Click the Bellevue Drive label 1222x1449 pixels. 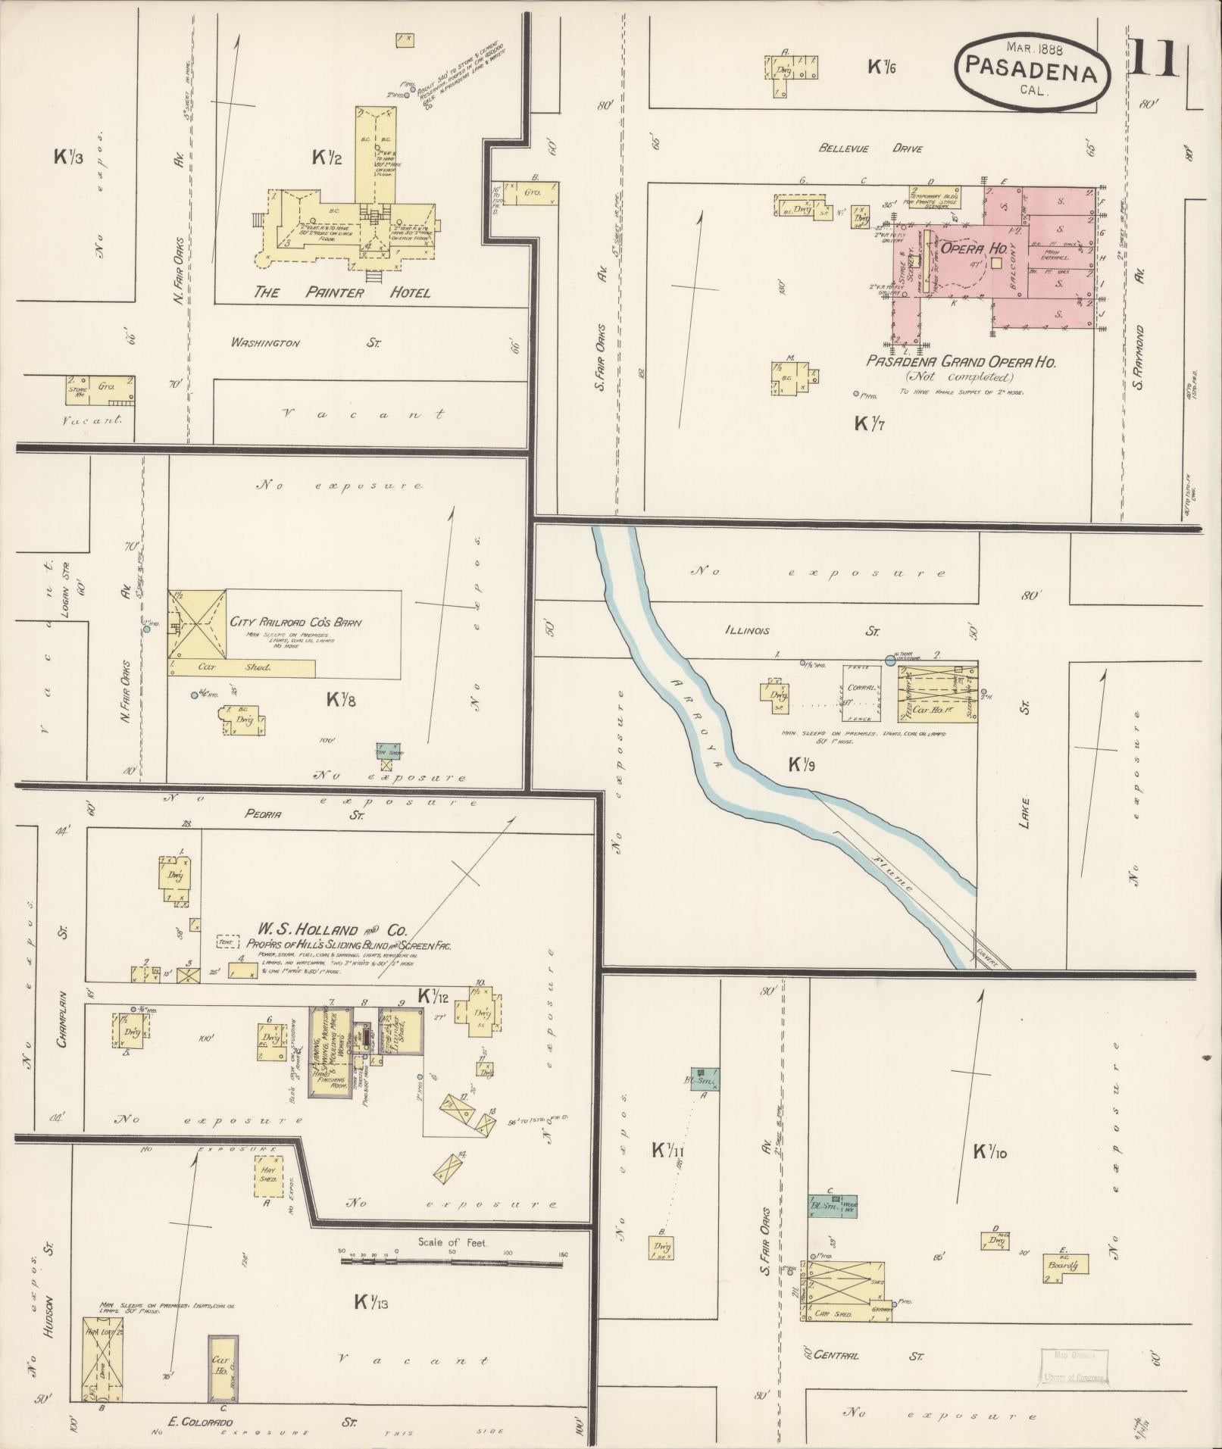(x=870, y=148)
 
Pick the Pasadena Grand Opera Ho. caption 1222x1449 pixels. (x=961, y=362)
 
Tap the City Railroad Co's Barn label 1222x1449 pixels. (x=295, y=623)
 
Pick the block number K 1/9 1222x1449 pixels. (x=801, y=765)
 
